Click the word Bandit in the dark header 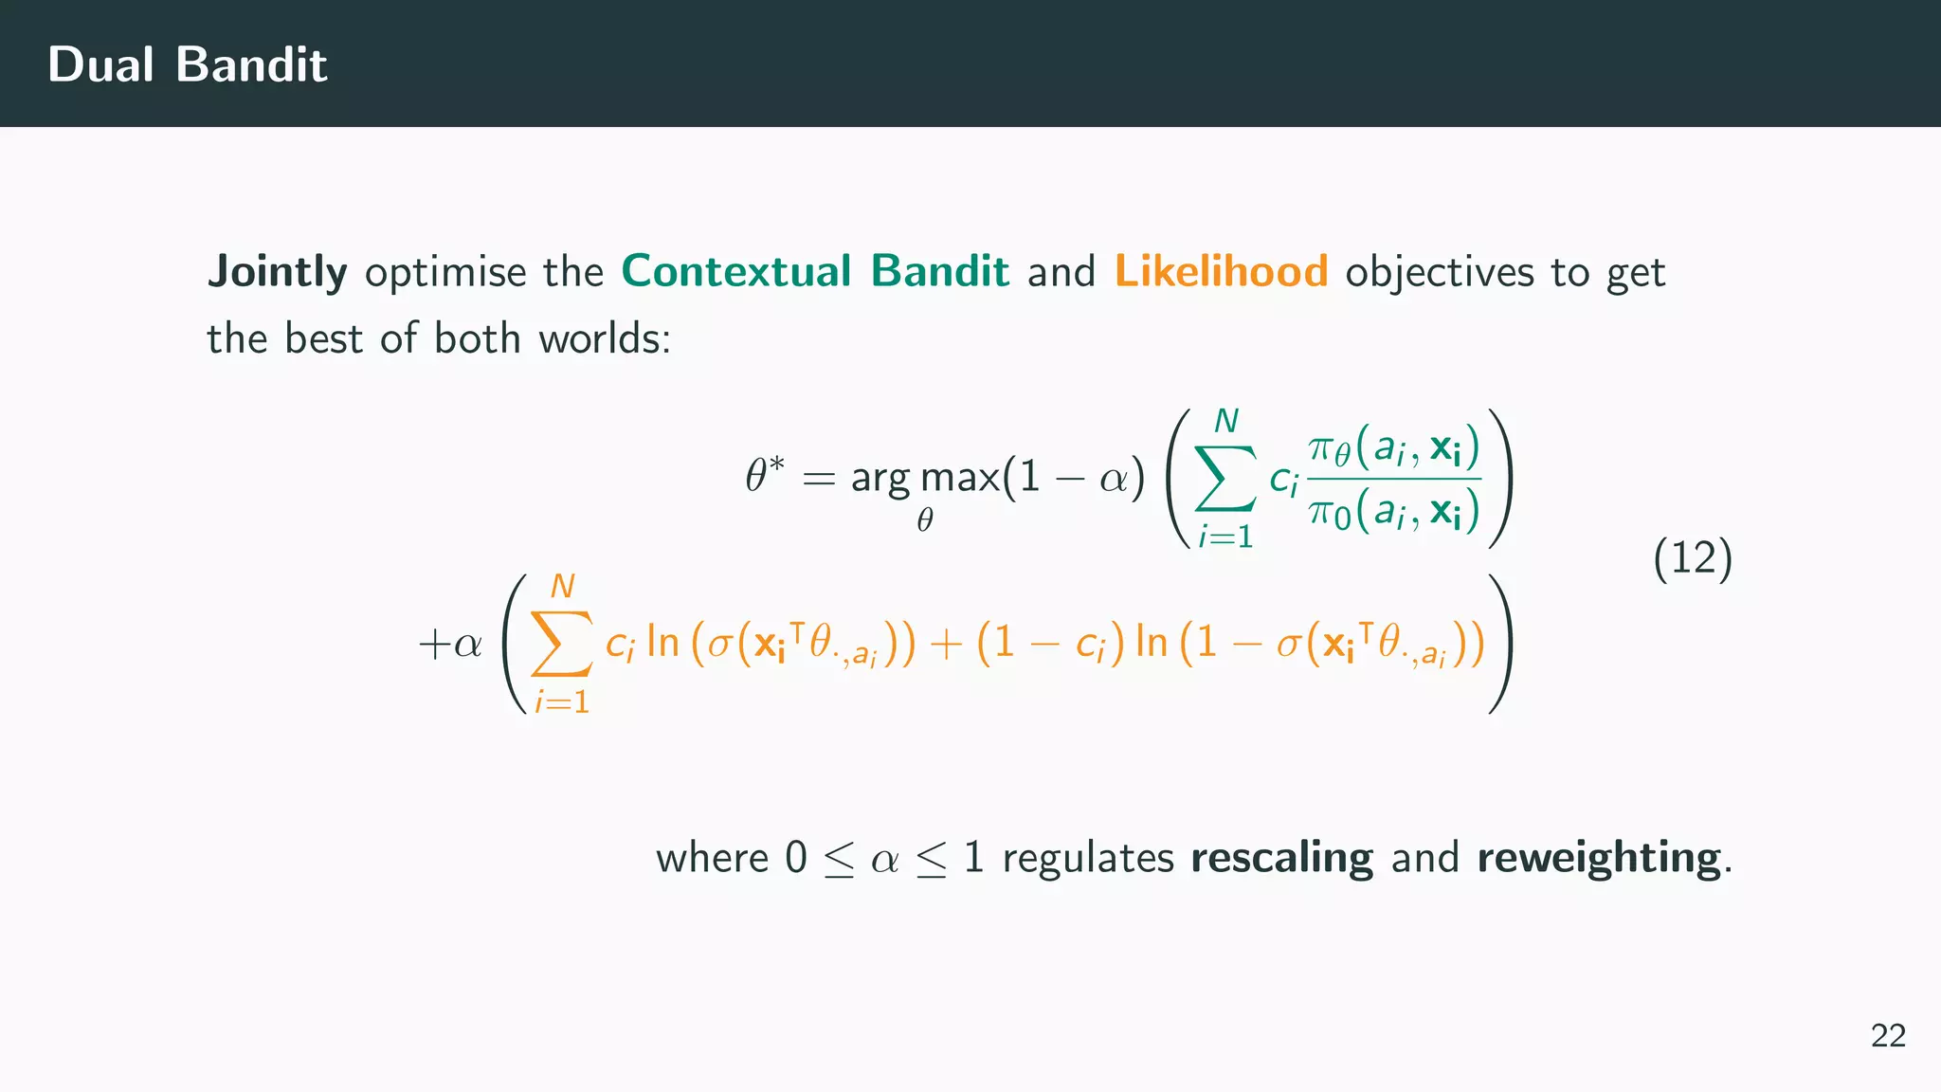(x=251, y=64)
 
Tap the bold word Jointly (x=277, y=272)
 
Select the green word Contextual (x=736, y=272)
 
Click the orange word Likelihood (x=1221, y=272)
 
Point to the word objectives (x=1439, y=273)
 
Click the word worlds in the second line (x=604, y=338)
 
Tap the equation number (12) (x=1693, y=557)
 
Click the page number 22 (x=1888, y=1035)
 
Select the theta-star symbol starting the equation (x=765, y=475)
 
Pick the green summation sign (x=1226, y=479)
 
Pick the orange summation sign (x=562, y=644)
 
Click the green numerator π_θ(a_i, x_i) (x=1393, y=446)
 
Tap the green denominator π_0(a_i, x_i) (x=1393, y=513)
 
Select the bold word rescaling (x=1281, y=858)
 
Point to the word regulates (x=1088, y=859)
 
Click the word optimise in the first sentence (x=445, y=273)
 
